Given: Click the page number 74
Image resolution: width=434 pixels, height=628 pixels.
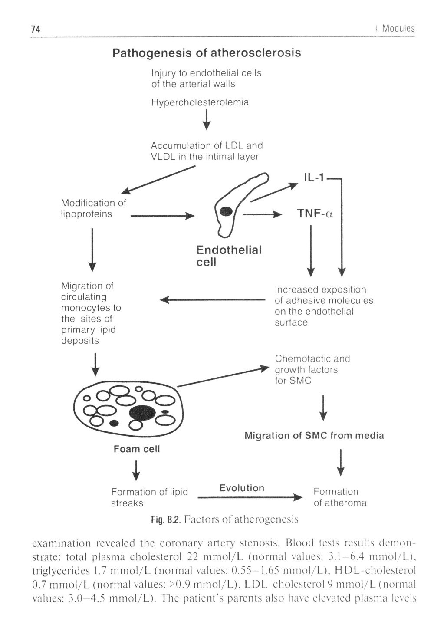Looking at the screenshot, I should [x=36, y=29].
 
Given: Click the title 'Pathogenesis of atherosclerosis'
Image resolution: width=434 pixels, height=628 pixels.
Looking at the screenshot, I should [x=207, y=53].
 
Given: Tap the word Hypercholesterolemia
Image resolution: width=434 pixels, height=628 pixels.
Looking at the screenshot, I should [x=200, y=102].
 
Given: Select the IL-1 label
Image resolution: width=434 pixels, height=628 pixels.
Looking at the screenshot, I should [x=315, y=178].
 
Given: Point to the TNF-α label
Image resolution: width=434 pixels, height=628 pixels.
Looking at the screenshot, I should [x=315, y=214].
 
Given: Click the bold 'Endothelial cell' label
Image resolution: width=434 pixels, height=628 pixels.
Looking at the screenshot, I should [x=229, y=256].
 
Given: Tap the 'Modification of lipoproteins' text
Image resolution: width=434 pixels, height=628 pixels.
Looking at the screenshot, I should [x=93, y=208].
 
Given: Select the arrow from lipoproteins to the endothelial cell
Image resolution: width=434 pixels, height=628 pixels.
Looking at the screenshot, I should [x=162, y=215].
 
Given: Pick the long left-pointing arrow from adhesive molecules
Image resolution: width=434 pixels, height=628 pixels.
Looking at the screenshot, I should [x=212, y=299].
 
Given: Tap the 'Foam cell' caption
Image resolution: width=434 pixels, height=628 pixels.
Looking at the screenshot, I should [x=137, y=449].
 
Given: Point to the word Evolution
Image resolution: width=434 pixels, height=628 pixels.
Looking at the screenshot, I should [x=242, y=488].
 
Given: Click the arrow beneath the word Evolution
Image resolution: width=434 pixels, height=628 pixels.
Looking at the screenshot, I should [x=249, y=497].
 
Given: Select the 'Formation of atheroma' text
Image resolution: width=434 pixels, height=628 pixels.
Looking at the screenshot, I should [x=340, y=497].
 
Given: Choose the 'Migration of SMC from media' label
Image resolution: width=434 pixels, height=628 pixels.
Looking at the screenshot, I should [x=314, y=435].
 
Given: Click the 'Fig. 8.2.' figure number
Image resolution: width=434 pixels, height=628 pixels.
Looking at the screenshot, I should [x=165, y=519].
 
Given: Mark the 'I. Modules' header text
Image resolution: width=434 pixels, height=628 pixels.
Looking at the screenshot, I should [x=395, y=29].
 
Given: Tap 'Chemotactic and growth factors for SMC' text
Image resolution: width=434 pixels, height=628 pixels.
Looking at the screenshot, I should [x=312, y=369].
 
